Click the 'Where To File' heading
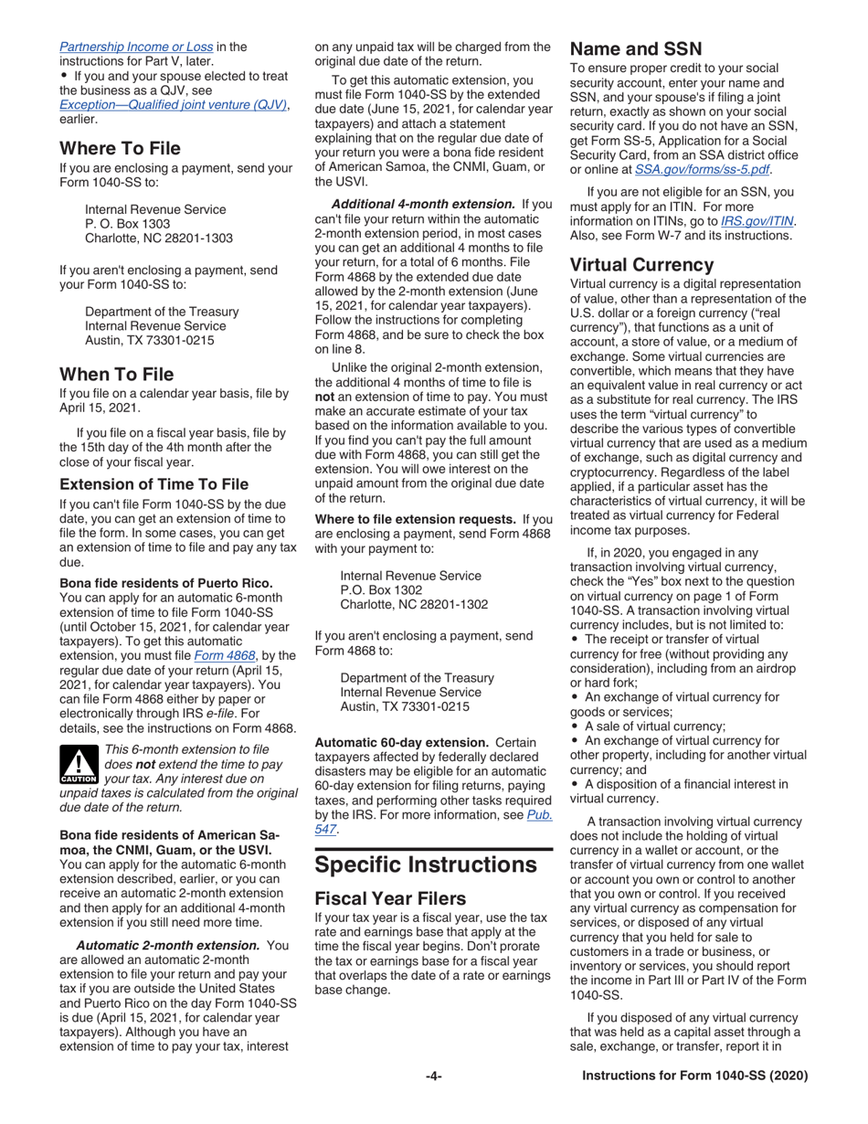(x=120, y=148)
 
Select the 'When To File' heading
(x=117, y=373)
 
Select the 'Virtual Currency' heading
(x=641, y=264)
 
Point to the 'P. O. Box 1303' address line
(x=127, y=223)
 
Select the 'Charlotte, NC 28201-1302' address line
(x=413, y=604)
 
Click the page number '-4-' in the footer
(x=434, y=1076)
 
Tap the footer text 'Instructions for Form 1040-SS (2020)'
(x=695, y=1076)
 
